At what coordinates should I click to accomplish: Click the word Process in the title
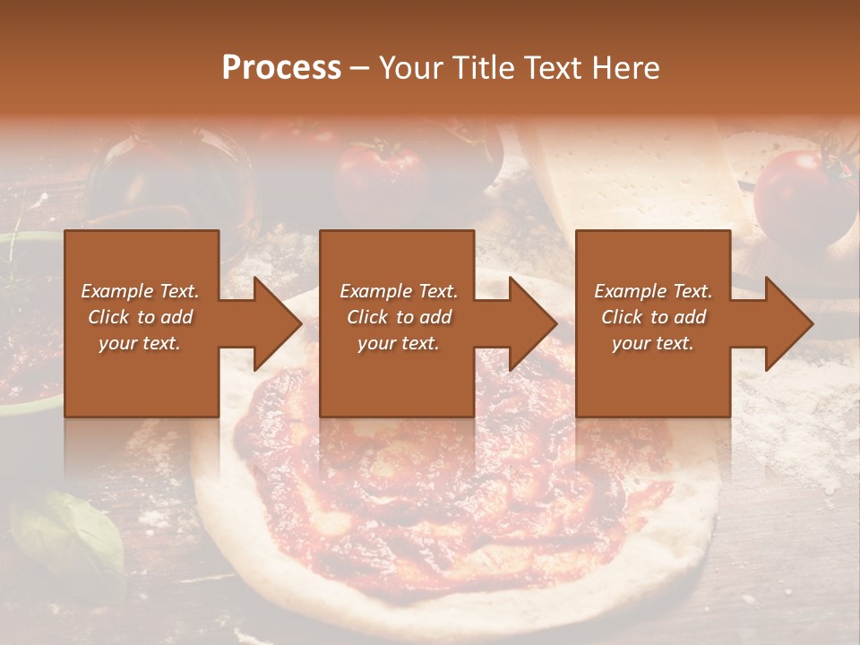(x=281, y=68)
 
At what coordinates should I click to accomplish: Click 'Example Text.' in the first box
(x=141, y=291)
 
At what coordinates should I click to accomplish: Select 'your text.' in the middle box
(x=398, y=343)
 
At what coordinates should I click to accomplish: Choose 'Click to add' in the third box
(x=653, y=317)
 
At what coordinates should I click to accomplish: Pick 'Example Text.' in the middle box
(x=398, y=291)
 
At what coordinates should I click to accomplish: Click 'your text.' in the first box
(x=141, y=343)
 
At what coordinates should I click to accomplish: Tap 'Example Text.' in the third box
(x=653, y=291)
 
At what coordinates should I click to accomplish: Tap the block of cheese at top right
(x=627, y=179)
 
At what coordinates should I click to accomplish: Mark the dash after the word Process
(x=360, y=68)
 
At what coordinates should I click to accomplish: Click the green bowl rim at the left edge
(x=27, y=238)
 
